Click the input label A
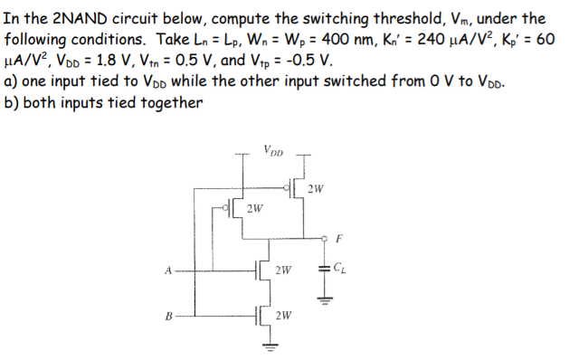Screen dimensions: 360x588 tap(168, 269)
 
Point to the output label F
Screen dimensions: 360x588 tap(338, 240)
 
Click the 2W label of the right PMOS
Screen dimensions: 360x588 tap(314, 189)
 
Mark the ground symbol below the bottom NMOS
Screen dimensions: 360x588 tap(269, 346)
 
